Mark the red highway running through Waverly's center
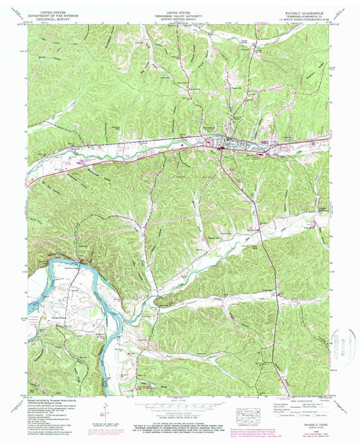click(223, 142)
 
